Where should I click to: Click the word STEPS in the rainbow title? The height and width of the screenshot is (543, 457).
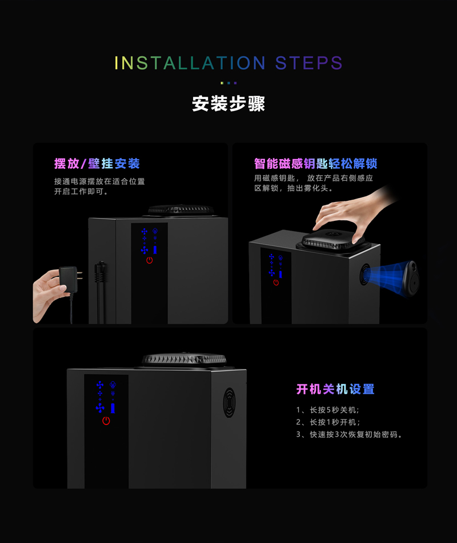pyautogui.click(x=308, y=63)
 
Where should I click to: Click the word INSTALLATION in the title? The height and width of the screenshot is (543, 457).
pyautogui.click(x=190, y=63)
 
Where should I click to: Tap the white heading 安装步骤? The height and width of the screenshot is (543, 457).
pyautogui.click(x=228, y=104)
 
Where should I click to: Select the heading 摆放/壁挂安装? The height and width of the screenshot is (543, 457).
pyautogui.click(x=97, y=164)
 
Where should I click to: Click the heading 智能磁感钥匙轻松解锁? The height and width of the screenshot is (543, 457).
pyautogui.click(x=315, y=164)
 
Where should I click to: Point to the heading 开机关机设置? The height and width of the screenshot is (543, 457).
pyautogui.click(x=335, y=389)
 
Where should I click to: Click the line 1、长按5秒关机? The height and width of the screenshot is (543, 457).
pyautogui.click(x=328, y=410)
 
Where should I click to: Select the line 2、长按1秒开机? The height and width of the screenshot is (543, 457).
pyautogui.click(x=328, y=422)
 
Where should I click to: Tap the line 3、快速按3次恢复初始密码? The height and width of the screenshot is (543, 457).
pyautogui.click(x=349, y=434)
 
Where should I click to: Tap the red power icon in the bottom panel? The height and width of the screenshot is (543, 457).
pyautogui.click(x=106, y=421)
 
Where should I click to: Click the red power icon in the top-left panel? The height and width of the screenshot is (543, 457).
pyautogui.click(x=149, y=260)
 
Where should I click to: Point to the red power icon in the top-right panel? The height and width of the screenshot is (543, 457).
pyautogui.click(x=276, y=283)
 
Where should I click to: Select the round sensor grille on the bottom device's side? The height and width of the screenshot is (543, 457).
pyautogui.click(x=230, y=402)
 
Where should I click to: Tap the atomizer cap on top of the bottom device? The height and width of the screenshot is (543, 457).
pyautogui.click(x=184, y=359)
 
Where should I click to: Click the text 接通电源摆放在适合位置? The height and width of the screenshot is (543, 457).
pyautogui.click(x=99, y=181)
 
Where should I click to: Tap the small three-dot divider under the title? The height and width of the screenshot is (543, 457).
pyautogui.click(x=228, y=83)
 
